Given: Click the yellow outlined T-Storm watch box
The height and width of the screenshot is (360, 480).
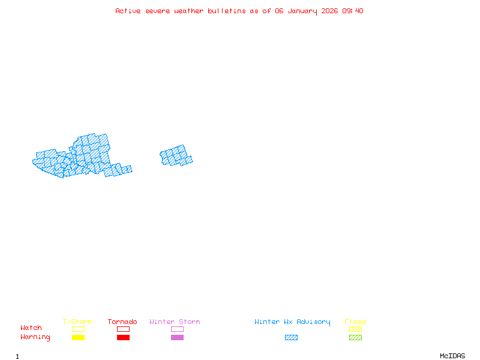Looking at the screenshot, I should coord(78,329).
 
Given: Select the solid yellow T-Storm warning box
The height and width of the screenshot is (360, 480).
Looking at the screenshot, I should coord(78,337).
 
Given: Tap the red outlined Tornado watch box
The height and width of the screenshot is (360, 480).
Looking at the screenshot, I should coord(123,329).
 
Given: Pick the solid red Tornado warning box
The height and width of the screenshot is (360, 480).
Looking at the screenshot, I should coord(123,337).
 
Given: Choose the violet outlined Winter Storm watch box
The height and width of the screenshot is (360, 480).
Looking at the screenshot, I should coord(177,329).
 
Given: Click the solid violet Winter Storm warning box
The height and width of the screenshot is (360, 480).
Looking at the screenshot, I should coord(177,337).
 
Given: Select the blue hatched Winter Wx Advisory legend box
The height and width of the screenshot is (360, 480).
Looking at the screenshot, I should coord(291,337).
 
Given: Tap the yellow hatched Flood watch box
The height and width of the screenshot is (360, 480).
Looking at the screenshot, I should coord(355,329).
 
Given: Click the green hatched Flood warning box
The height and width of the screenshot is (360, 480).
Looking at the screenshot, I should coord(355,337).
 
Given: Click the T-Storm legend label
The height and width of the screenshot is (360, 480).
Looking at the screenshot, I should coord(77,322).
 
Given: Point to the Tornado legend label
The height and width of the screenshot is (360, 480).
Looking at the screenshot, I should coord(122,322).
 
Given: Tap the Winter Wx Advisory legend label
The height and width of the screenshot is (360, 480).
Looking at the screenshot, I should coord(292,322).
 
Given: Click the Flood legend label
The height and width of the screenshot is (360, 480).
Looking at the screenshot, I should coord(355,322).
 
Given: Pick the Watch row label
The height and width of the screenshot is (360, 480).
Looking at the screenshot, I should coord(31,328).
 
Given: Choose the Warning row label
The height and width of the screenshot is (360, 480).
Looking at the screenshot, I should coord(35,337).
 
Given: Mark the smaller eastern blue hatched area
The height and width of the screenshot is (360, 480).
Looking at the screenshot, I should coord(175,156).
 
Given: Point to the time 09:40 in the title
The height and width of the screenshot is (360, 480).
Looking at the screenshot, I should coord(353,11).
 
